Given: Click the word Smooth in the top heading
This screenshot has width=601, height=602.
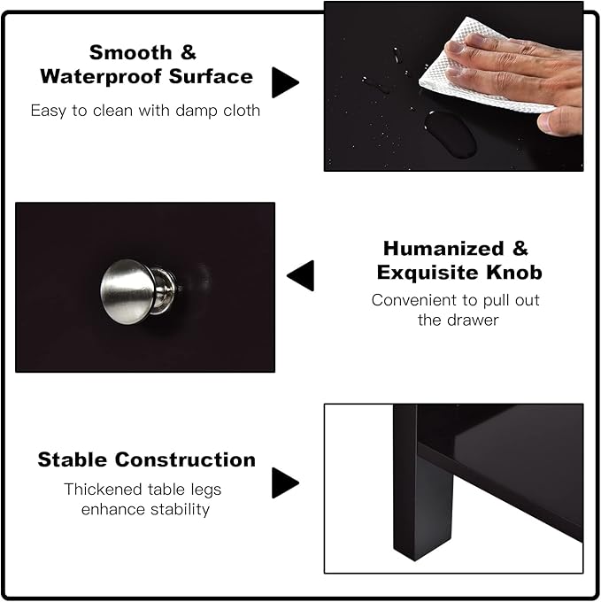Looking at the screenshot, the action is [130, 52].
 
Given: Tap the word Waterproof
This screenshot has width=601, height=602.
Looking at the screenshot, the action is [101, 76].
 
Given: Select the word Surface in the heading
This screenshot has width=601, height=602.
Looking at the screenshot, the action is [211, 76].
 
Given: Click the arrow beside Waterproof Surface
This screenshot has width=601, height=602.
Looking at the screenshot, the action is [285, 82].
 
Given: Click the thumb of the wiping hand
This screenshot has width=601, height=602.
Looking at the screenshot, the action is [559, 121].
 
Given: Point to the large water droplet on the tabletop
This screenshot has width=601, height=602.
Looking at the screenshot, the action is [451, 134].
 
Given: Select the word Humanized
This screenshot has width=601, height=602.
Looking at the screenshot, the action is [443, 249].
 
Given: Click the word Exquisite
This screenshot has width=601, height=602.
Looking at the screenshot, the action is [428, 272].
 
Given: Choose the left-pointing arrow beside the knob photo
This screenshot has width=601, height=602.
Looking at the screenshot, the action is [300, 275].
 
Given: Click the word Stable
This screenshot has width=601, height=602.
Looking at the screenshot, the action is [73, 459].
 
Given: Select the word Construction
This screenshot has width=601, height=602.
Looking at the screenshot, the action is [185, 459].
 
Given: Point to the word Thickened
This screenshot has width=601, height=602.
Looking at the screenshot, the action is [103, 490].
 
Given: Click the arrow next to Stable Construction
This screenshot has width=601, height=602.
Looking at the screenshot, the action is [285, 482].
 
